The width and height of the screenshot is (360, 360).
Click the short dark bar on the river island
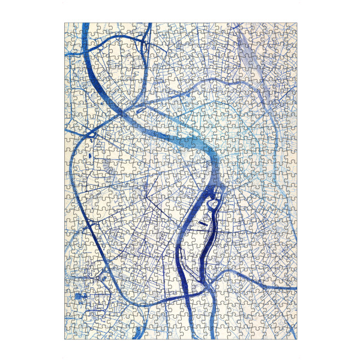click(203, 223)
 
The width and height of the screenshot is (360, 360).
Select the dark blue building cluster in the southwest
click(80, 296)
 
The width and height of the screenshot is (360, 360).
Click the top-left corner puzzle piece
click(69, 28)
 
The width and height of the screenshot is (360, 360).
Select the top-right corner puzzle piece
click(292, 28)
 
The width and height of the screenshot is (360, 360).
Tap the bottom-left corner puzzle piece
click(69, 334)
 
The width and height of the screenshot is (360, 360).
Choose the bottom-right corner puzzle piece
click(292, 334)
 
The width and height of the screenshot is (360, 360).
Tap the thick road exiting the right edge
click(294, 288)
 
